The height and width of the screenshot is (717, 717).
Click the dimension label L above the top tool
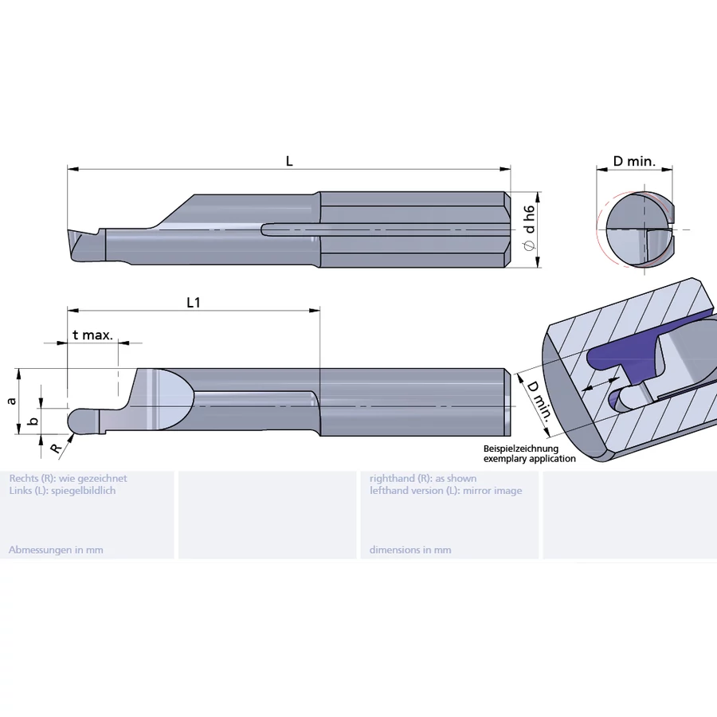tap(289, 160)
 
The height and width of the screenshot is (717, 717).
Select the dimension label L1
tap(193, 302)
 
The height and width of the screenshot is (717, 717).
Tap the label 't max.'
tap(92, 335)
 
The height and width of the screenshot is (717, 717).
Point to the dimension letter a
tap(11, 401)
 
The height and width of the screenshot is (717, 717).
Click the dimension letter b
tap(32, 421)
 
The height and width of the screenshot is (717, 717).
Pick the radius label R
tap(55, 449)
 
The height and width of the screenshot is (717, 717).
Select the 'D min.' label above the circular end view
tap(634, 161)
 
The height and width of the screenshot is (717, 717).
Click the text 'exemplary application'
tap(530, 459)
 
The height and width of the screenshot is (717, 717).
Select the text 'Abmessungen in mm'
tap(56, 550)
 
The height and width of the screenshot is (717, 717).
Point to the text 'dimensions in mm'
tap(410, 550)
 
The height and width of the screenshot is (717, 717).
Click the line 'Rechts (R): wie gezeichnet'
tap(68, 478)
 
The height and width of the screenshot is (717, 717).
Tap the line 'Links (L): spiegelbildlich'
tap(62, 491)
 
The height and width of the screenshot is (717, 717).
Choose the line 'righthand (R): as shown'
tap(423, 478)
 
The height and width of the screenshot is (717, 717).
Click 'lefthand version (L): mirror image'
tap(445, 491)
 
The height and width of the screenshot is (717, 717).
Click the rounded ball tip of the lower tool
tap(80, 421)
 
